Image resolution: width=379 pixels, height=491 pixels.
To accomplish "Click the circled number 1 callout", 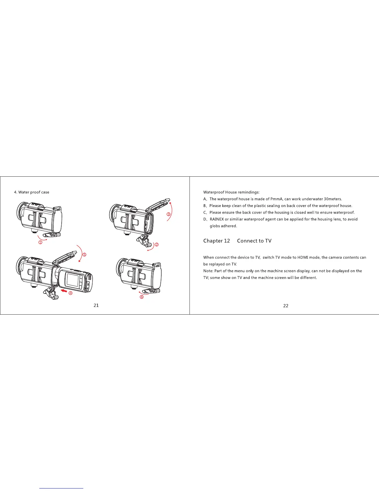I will coord(40,242).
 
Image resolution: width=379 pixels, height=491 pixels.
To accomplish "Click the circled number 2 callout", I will coord(157,245).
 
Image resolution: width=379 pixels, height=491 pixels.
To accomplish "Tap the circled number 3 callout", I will coord(168,214).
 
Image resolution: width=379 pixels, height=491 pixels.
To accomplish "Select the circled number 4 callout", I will coord(71,294).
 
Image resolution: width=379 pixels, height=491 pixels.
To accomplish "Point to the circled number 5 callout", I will coord(84,255).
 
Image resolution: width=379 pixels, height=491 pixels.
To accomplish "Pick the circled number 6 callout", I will coord(142,297).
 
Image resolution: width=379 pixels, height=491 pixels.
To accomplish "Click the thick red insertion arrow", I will coord(64,291).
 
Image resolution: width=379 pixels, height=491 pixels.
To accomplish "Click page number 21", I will coord(96,305).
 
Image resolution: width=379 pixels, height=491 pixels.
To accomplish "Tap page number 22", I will coord(286,306).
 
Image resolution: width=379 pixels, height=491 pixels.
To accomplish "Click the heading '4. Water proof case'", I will coord(32,192).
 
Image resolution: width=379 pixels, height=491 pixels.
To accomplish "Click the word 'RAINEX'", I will coord(217,219).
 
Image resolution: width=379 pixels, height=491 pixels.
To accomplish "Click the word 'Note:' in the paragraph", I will coord(208,271).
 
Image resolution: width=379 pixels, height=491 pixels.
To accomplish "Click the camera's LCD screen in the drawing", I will coord(72,280).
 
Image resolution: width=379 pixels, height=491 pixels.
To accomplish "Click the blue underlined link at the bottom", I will coord(62,488).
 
